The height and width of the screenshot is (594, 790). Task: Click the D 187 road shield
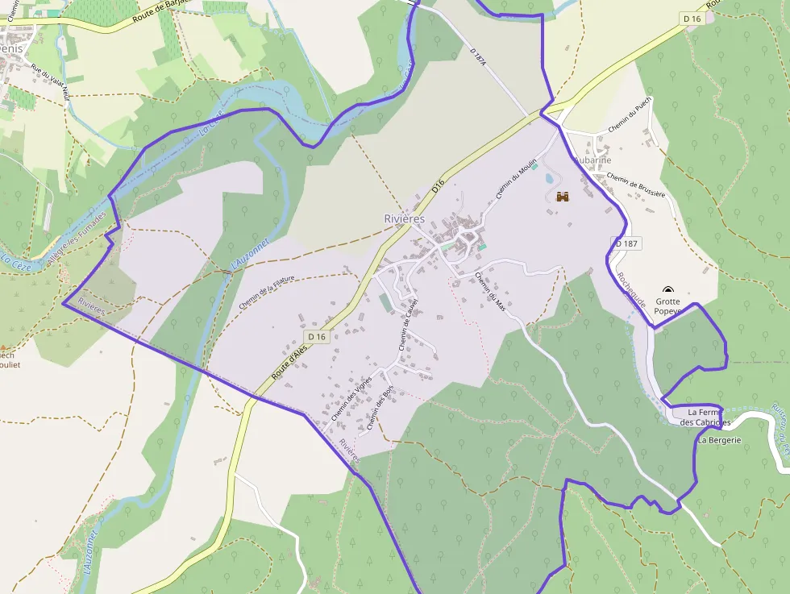(x=626, y=243)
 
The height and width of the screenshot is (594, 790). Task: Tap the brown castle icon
(x=563, y=197)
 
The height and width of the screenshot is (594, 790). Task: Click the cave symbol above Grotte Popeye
(x=667, y=290)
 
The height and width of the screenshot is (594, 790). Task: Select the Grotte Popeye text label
(x=667, y=306)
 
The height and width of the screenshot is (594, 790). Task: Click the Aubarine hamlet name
(x=592, y=160)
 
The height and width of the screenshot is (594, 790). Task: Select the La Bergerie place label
(x=719, y=440)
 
